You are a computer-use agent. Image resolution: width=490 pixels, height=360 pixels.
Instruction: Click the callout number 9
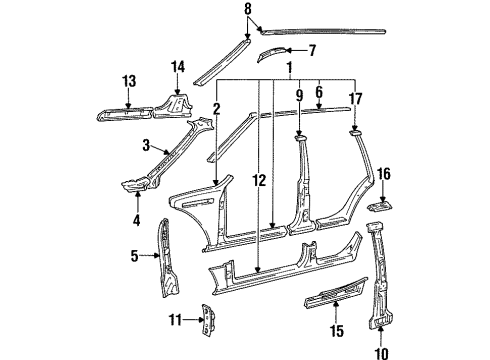298,96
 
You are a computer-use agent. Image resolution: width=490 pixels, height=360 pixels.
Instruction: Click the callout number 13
129,81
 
